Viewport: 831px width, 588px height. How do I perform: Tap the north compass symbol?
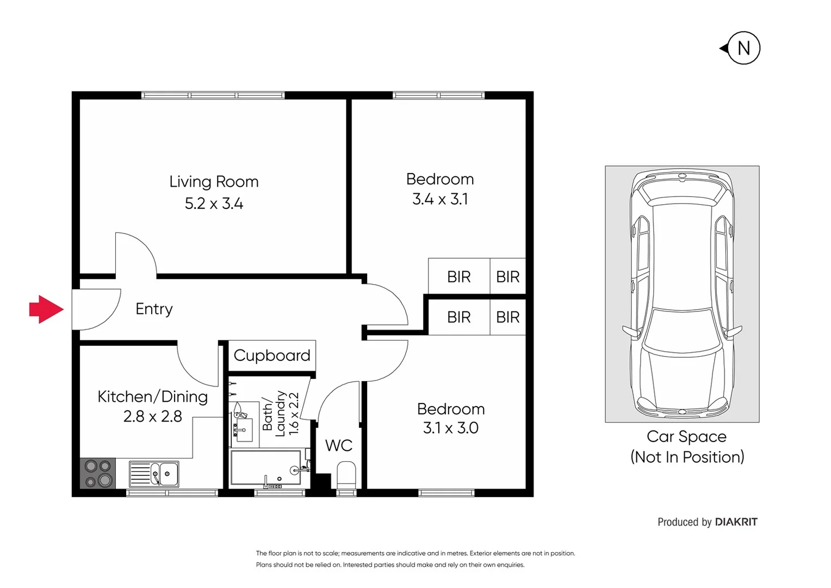tap(742, 48)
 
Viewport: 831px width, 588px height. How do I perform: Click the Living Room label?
tap(214, 181)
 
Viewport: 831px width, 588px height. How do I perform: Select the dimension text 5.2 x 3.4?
tap(214, 204)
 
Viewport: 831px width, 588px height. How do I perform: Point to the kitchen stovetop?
tap(98, 473)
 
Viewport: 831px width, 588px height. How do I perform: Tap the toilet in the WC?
tap(346, 475)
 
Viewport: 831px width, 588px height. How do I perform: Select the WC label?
tap(339, 445)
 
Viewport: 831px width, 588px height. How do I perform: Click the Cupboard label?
tap(271, 356)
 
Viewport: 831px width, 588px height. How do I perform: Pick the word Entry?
tap(154, 309)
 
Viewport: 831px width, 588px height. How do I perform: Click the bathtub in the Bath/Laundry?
tap(266, 467)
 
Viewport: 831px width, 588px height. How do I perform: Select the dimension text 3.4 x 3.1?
tap(440, 199)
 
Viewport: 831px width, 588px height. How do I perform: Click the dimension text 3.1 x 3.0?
tap(450, 428)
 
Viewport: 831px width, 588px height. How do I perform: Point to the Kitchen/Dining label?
tap(152, 396)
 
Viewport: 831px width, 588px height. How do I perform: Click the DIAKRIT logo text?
tap(736, 522)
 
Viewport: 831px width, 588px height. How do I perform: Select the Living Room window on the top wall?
tap(213, 95)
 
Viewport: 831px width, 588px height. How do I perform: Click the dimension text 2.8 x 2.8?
tap(152, 416)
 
